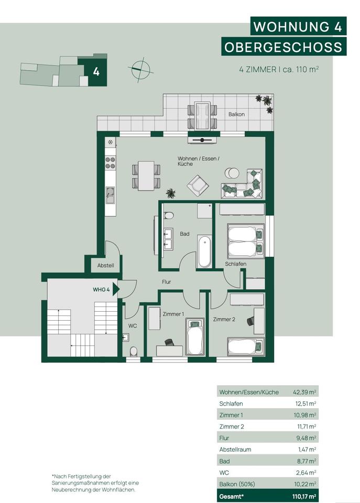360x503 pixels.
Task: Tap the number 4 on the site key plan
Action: tap(96, 72)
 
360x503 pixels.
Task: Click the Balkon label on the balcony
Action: tap(236, 114)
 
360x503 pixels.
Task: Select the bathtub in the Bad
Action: tap(204, 252)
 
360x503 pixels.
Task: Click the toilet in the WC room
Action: tap(133, 351)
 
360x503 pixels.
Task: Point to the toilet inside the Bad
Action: tap(168, 215)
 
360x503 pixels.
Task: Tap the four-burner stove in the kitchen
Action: tap(111, 162)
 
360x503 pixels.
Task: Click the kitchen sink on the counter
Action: tap(110, 195)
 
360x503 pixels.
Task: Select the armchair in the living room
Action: tap(198, 185)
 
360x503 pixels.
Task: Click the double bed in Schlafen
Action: tap(246, 241)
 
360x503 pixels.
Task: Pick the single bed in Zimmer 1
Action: tap(195, 336)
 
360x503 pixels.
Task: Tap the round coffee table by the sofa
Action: tap(232, 173)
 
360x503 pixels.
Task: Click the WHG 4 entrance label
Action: tap(101, 290)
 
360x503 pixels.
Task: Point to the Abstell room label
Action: tap(105, 265)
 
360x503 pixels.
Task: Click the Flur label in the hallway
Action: tap(166, 282)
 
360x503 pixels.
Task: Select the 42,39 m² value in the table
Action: tap(304, 392)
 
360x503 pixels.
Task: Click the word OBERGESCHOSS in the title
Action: tap(283, 47)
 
